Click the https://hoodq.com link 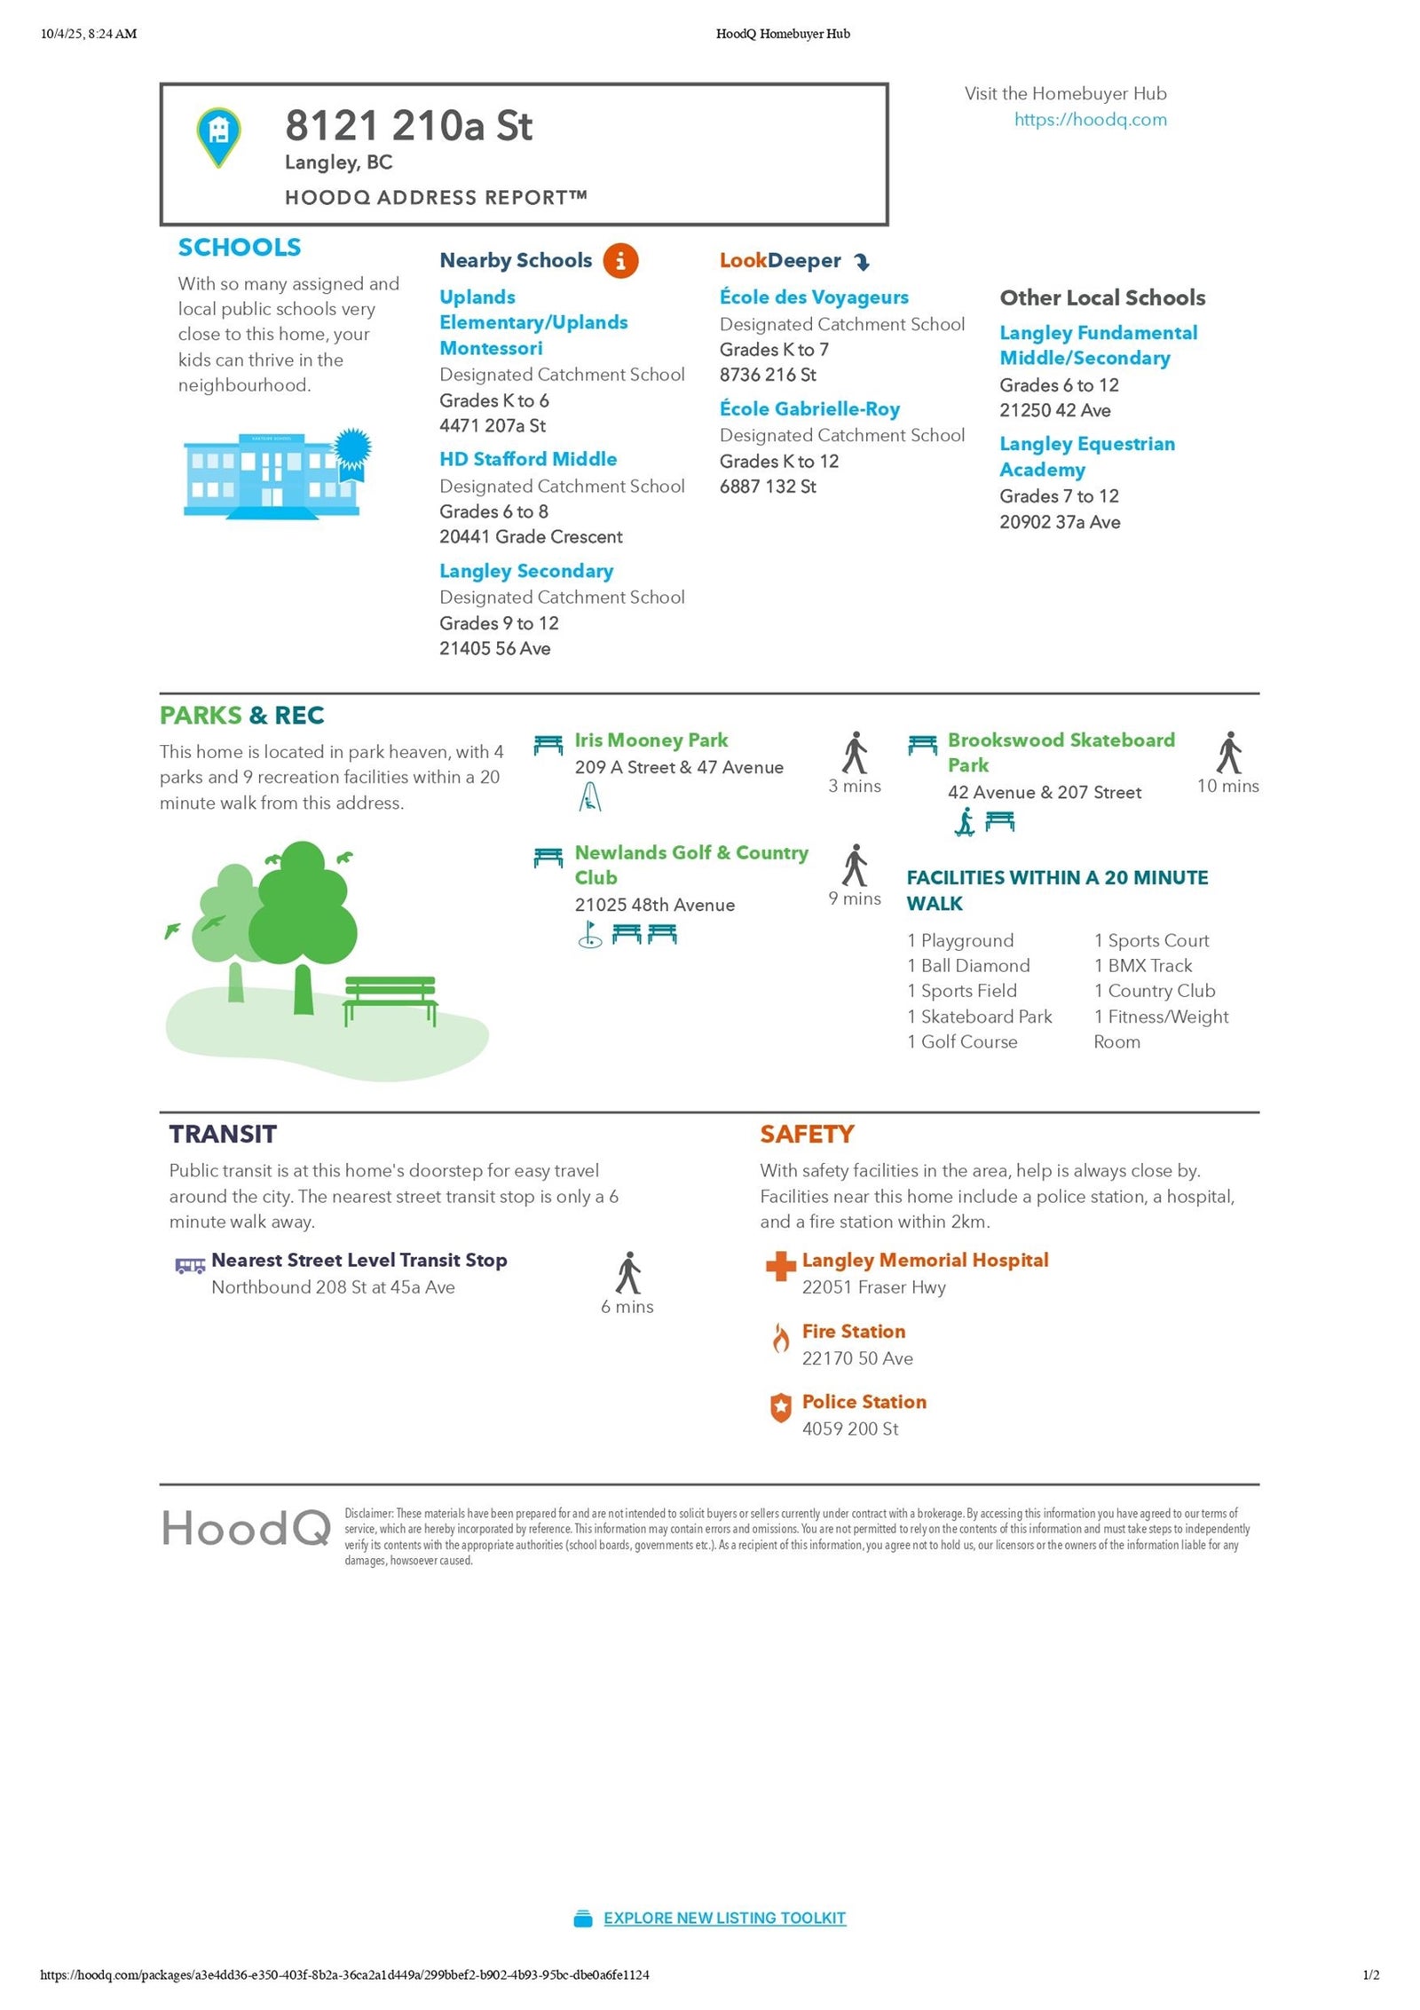coord(1090,120)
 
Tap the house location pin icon coord(218,136)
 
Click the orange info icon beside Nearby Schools coord(620,261)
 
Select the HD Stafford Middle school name coord(528,459)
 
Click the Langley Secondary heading coord(526,571)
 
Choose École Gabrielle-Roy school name coord(809,408)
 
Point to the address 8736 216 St coord(768,375)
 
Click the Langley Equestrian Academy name coord(1086,456)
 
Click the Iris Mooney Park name coord(651,740)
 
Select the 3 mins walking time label coord(855,786)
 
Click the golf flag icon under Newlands coord(589,934)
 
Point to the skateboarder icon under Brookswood coord(965,822)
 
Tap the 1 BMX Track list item coord(1143,965)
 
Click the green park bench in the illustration coord(390,999)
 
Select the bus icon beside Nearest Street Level coord(190,1265)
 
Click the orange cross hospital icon coord(780,1265)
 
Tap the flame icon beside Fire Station coord(780,1337)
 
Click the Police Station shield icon coord(780,1407)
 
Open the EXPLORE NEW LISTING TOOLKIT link coord(724,1918)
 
